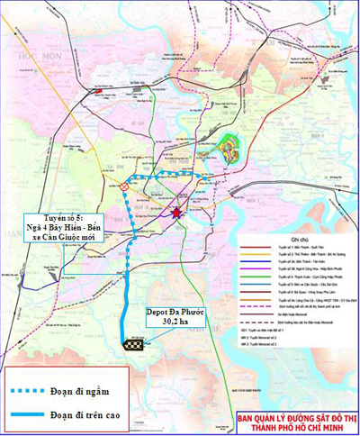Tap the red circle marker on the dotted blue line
tap(123, 186)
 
